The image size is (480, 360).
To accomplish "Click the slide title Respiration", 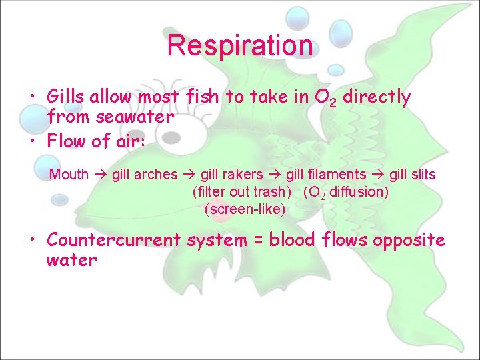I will click(239, 45).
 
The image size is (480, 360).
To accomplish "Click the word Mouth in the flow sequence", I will click(69, 175).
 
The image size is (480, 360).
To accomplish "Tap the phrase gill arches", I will click(145, 175).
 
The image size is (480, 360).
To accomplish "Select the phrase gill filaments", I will click(325, 175).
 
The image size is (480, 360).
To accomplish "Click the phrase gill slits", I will click(413, 175).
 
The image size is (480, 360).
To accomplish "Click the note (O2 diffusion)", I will click(345, 193).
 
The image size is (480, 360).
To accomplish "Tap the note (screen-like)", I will click(245, 210).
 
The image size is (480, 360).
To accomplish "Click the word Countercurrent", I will click(114, 239).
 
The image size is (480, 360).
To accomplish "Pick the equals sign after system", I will click(259, 240).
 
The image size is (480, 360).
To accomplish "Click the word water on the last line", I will click(71, 260).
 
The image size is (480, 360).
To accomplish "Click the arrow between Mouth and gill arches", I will click(100, 175).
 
